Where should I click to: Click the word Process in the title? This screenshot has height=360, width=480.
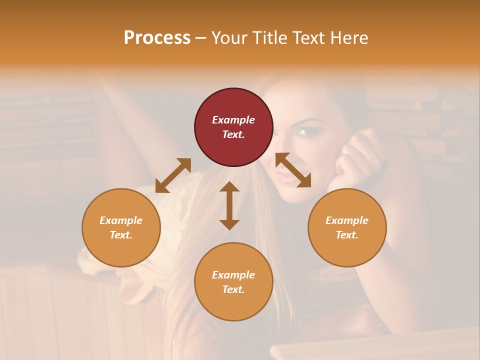click(157, 37)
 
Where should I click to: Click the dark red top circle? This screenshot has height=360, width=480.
click(233, 127)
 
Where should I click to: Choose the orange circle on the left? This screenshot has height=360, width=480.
click(121, 227)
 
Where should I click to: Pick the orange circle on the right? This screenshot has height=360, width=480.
click(347, 227)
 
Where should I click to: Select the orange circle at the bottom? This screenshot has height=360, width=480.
click(233, 281)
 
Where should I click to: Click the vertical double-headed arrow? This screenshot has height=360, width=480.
click(229, 205)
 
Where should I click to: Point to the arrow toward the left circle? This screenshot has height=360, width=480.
click(173, 175)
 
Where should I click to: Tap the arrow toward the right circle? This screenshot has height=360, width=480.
click(293, 170)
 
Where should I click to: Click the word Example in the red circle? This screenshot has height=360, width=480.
click(233, 120)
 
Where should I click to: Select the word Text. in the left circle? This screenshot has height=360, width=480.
click(121, 235)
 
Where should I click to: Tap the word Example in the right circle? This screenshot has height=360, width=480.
click(347, 220)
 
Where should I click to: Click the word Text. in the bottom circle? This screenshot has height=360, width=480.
click(233, 289)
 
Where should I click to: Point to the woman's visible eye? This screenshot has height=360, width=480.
click(301, 132)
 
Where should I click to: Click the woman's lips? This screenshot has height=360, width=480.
click(286, 177)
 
